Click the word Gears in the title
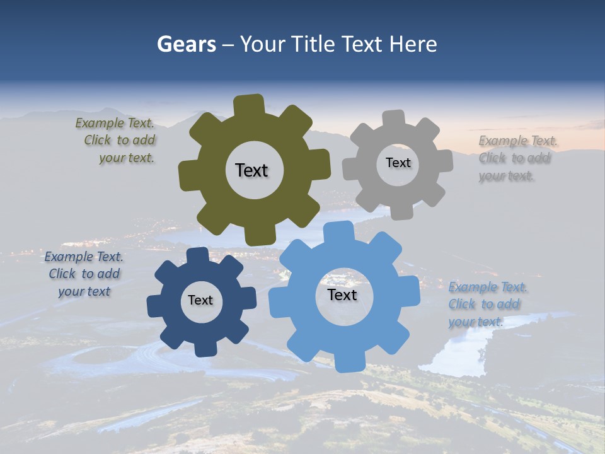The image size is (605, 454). click(186, 44)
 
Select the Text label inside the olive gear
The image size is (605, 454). click(251, 170)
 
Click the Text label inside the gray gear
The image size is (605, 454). click(398, 163)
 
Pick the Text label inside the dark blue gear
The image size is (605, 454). click(200, 300)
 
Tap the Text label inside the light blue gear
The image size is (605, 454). click(342, 294)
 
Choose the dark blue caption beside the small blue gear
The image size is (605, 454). click(84, 274)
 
